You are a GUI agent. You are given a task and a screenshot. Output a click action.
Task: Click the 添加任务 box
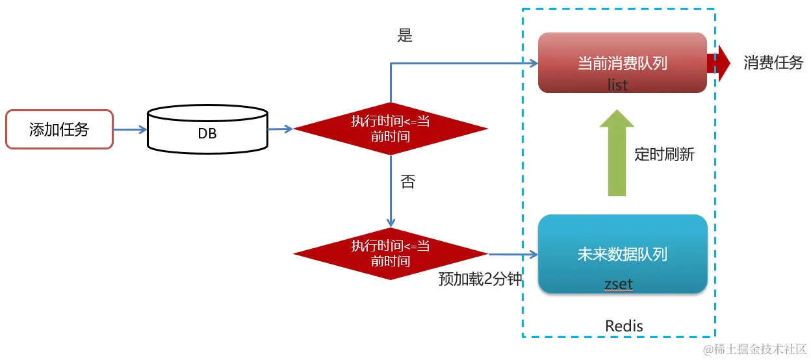(x=59, y=129)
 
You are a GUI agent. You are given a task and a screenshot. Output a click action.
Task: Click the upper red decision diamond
(x=391, y=129)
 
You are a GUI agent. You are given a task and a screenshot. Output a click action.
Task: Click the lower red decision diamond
(x=391, y=253)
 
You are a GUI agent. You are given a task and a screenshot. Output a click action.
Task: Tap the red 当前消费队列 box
(x=622, y=62)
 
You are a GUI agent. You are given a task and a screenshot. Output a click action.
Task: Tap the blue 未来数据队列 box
(x=622, y=253)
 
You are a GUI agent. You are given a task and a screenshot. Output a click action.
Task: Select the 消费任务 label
(x=773, y=63)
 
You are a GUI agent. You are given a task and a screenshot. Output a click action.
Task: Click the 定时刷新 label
(x=664, y=155)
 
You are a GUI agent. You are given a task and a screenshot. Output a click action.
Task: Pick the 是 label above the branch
(x=405, y=36)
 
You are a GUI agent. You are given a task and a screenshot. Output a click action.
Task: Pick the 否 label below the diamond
(x=407, y=182)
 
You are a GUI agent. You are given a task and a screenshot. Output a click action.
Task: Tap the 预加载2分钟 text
(x=480, y=279)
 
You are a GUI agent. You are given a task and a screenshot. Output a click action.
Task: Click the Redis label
(x=624, y=326)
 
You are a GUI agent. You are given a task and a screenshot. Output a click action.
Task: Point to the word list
(x=617, y=84)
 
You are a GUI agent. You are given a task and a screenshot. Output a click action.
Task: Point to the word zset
(x=618, y=284)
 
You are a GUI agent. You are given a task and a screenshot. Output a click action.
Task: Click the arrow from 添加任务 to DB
(x=130, y=130)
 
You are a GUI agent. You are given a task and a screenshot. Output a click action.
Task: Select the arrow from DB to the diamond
(x=281, y=129)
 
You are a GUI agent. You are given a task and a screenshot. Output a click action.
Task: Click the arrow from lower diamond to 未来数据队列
(x=513, y=254)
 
